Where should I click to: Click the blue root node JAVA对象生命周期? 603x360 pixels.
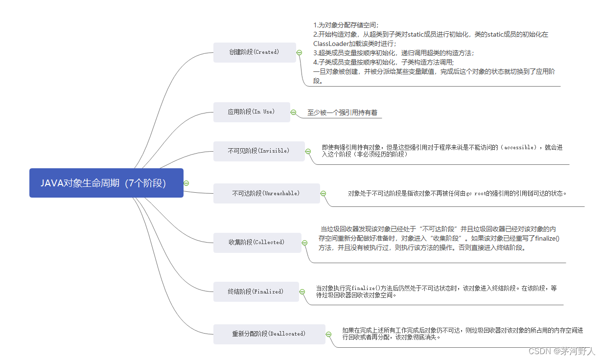pos(106,183)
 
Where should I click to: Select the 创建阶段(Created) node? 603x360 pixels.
pos(254,52)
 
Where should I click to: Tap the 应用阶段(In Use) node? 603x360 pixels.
pos(251,112)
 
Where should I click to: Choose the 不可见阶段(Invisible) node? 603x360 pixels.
pos(258,151)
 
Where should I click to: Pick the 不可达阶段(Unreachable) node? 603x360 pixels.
pos(266,194)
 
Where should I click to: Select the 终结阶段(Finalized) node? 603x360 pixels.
pos(255,292)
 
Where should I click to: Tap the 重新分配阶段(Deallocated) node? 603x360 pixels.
pos(269,334)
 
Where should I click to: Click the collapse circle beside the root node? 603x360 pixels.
pos(186,183)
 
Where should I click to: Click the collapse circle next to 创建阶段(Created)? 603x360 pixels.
pos(299,52)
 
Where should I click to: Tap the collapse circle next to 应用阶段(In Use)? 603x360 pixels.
pos(293,112)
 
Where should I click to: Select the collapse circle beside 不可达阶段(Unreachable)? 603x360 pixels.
pos(323,194)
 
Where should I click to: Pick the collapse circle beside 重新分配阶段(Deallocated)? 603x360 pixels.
pos(328,334)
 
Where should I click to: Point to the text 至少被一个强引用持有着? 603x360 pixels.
pos(342,112)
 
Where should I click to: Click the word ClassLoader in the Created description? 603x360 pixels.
pos(330,44)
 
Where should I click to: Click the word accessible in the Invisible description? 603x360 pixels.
pos(520,147)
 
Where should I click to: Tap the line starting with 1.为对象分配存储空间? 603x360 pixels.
pos(346,24)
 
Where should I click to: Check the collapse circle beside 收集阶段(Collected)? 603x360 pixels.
pos(304,243)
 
